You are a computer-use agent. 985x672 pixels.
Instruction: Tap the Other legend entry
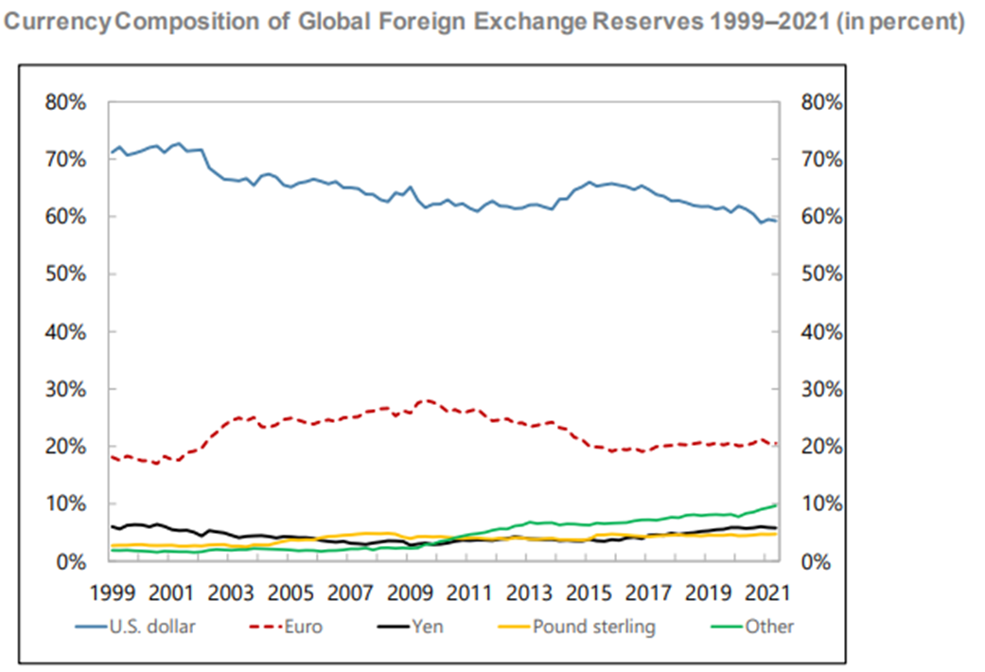[768, 627]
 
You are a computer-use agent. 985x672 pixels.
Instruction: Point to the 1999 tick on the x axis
[112, 593]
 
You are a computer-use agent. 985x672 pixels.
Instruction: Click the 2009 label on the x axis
[409, 593]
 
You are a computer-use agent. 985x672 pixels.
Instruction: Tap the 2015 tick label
[588, 593]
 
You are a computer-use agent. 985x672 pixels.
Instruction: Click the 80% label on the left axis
[67, 102]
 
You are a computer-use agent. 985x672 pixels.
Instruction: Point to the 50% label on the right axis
[820, 274]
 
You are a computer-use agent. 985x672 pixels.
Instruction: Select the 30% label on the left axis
[67, 390]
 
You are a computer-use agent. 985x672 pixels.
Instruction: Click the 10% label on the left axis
[67, 504]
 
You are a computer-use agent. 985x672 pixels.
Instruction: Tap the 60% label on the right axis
[820, 217]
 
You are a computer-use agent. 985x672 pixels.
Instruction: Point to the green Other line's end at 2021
[777, 505]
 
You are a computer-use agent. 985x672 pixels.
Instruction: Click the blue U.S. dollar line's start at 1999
[112, 152]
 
